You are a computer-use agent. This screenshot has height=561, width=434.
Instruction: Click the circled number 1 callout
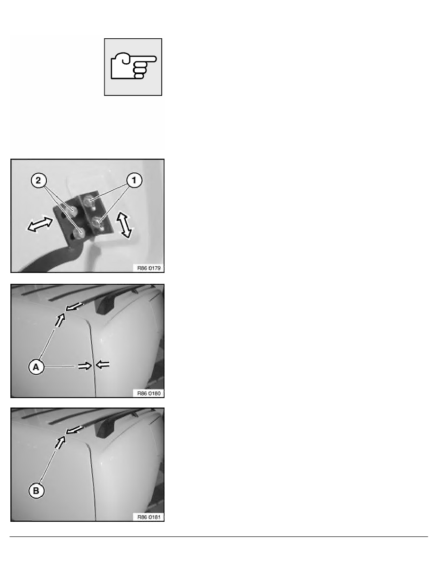coord(134,180)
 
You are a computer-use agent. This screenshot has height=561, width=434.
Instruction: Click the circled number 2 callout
coord(38,180)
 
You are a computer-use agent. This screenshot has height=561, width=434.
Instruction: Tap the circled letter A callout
coord(36,367)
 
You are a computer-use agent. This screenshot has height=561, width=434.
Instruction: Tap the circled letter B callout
coord(36,491)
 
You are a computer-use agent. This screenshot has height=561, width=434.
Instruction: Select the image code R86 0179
coord(149,268)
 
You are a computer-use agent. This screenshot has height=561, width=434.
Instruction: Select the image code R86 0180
coord(149,393)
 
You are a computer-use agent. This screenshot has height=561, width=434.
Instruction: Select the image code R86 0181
coord(149,517)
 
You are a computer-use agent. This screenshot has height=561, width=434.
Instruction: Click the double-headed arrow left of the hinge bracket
coord(40,224)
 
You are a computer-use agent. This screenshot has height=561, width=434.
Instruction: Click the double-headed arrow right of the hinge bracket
coord(124,225)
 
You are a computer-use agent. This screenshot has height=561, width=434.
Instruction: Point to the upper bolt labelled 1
coord(88,202)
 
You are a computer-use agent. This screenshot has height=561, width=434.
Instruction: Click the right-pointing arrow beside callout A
coord(85,366)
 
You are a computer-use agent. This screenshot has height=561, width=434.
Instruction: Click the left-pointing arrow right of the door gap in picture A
coord(103,365)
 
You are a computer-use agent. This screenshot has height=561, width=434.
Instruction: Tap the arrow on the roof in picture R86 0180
coord(75,306)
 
